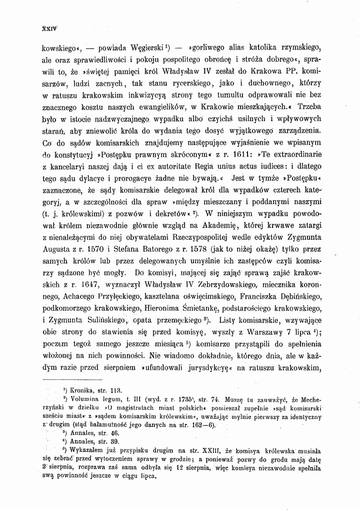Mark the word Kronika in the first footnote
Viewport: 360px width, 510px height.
[81, 390]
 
